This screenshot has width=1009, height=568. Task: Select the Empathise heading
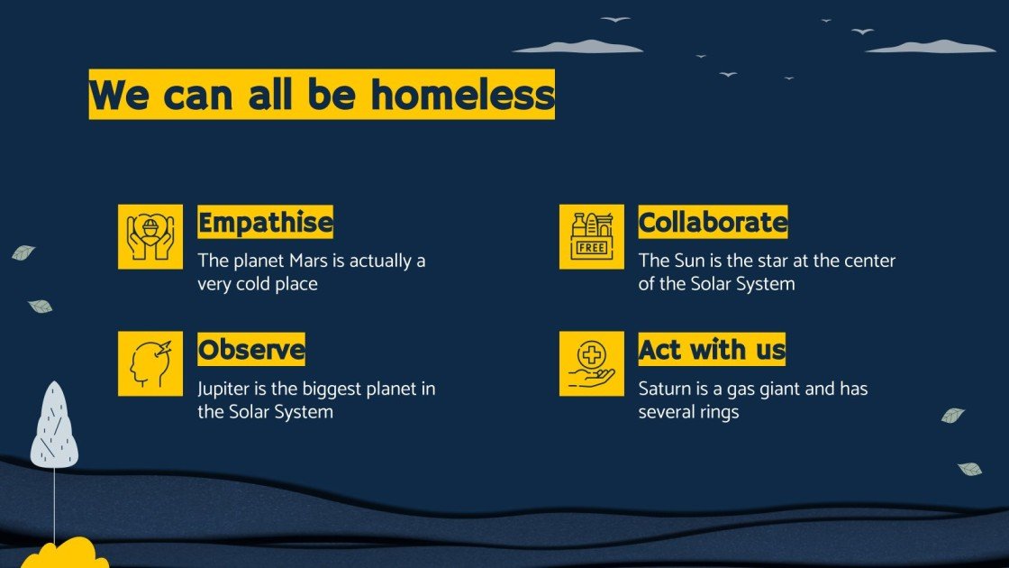click(x=265, y=222)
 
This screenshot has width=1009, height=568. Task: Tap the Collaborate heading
click(x=713, y=222)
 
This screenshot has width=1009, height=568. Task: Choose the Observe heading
click(x=251, y=349)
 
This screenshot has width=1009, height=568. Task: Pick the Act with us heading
click(x=712, y=349)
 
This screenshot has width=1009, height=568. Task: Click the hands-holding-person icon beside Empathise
click(x=150, y=236)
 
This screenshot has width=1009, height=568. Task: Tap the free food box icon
click(x=591, y=236)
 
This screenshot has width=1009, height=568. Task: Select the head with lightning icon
click(x=150, y=363)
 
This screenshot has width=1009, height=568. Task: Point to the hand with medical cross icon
click(x=591, y=363)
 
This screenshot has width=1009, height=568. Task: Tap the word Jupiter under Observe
click(x=225, y=389)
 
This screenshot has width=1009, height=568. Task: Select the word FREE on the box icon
click(x=591, y=248)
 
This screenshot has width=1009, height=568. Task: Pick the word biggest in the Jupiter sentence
click(x=330, y=389)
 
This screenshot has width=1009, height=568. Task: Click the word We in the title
click(x=119, y=95)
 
